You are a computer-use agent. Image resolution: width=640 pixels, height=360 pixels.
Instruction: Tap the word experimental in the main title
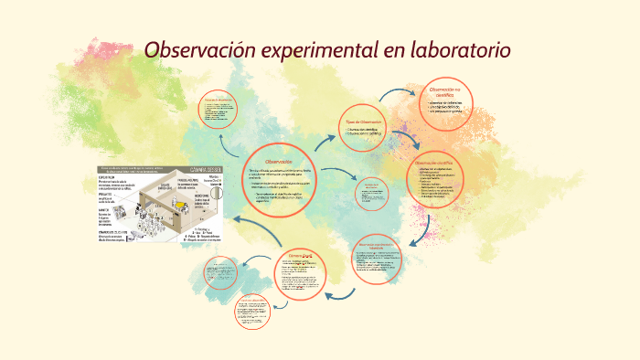pos(315,49)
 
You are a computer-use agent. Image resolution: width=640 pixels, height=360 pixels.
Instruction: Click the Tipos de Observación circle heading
pos(363,122)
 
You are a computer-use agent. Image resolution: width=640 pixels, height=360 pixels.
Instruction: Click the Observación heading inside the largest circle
pos(277,162)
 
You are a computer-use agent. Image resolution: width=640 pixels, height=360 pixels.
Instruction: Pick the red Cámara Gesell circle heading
pos(301,255)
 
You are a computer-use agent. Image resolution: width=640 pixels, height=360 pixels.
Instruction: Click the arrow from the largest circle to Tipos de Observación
pos(325,140)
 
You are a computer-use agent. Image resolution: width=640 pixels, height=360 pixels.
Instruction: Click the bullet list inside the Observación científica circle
pos(445,184)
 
